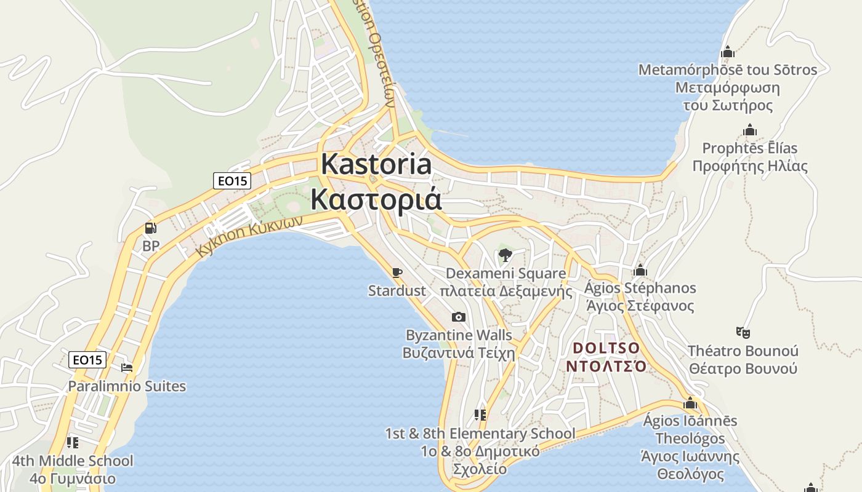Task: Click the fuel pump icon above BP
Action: [150, 229]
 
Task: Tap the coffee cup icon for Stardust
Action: [397, 272]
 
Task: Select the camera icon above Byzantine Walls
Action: [458, 317]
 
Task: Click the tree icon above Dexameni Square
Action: [505, 255]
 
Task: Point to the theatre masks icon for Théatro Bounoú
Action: [743, 333]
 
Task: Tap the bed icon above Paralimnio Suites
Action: [127, 368]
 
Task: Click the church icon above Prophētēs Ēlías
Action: [749, 130]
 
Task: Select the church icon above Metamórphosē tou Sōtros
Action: [728, 52]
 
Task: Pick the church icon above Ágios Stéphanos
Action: [640, 270]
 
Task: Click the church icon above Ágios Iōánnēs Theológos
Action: [690, 403]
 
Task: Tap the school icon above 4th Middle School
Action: [73, 443]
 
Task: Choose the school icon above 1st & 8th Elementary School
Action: [480, 416]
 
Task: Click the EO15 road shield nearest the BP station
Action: [232, 181]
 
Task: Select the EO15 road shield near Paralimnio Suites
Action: [87, 360]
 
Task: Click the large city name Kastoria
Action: [376, 165]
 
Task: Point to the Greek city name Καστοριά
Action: [376, 199]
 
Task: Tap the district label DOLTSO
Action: [606, 349]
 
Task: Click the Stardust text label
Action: [397, 291]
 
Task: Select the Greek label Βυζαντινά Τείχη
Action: [459, 353]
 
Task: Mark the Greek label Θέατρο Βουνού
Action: [743, 368]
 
